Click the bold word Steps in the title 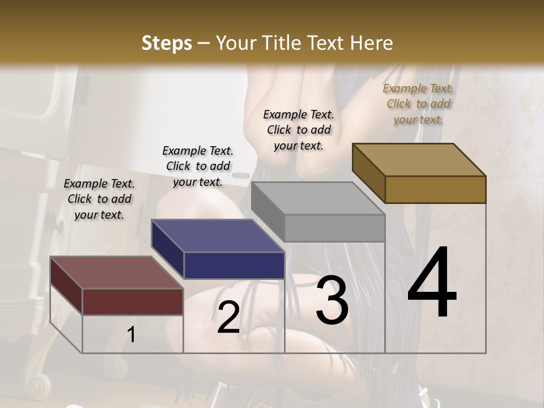pyautogui.click(x=167, y=43)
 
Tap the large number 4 pyautogui.click(x=432, y=283)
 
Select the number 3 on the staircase pyautogui.click(x=331, y=300)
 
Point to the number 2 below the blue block pyautogui.click(x=228, y=317)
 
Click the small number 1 pyautogui.click(x=131, y=335)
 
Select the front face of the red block pyautogui.click(x=133, y=301)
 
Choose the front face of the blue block pyautogui.click(x=234, y=265)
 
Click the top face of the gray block pyautogui.click(x=317, y=198)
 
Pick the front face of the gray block pyautogui.click(x=334, y=228)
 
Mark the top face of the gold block pyautogui.click(x=418, y=159)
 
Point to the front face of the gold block pyautogui.click(x=435, y=189)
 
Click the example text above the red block pyautogui.click(x=99, y=199)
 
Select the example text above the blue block pyautogui.click(x=198, y=166)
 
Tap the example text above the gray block pyautogui.click(x=299, y=130)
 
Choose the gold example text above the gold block pyautogui.click(x=418, y=104)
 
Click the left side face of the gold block pyautogui.click(x=368, y=173)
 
